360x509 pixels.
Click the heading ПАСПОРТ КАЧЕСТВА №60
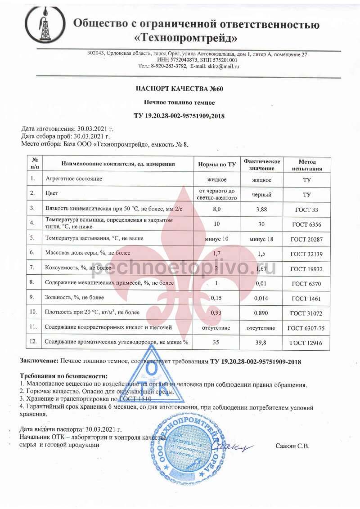180,89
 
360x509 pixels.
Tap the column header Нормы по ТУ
217,165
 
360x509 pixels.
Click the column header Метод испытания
307,165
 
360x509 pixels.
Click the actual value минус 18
261,238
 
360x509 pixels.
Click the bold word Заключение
39,361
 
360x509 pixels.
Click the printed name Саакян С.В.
292,446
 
